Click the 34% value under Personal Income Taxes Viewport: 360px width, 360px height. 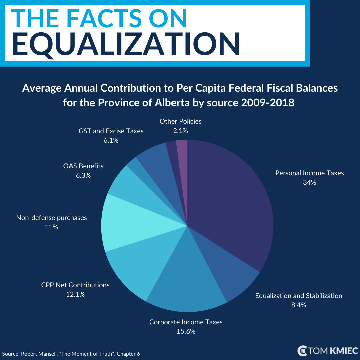[309, 182]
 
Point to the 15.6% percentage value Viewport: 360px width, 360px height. [186, 331]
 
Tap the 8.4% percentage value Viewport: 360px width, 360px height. [298, 305]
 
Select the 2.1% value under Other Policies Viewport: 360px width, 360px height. [180, 131]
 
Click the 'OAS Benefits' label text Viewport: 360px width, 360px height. [83, 166]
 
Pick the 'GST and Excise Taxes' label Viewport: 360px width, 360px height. [111, 131]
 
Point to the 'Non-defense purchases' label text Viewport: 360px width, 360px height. [51, 218]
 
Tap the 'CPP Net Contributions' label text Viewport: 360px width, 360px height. [75, 285]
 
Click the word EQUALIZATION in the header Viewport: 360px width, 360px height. [126, 44]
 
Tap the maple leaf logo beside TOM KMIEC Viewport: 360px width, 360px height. [302, 351]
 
